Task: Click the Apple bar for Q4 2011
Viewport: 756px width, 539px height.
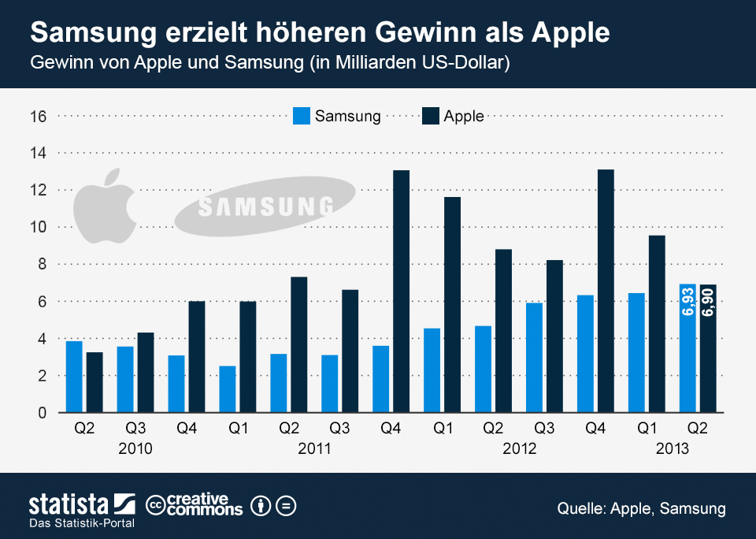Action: [x=402, y=291]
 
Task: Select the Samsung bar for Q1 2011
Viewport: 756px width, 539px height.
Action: [x=228, y=388]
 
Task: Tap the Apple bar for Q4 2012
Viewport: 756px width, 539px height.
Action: [x=606, y=291]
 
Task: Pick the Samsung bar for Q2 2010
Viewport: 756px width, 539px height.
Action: [x=74, y=377]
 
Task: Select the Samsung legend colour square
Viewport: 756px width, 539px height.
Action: [x=302, y=116]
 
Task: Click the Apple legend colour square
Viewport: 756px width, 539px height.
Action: [x=430, y=116]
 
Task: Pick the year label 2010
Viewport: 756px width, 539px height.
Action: [x=134, y=449]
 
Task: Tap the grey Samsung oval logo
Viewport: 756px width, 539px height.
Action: [x=265, y=207]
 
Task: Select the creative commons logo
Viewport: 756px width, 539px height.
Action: [x=195, y=505]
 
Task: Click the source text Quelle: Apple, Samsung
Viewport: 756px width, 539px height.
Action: [x=641, y=508]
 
